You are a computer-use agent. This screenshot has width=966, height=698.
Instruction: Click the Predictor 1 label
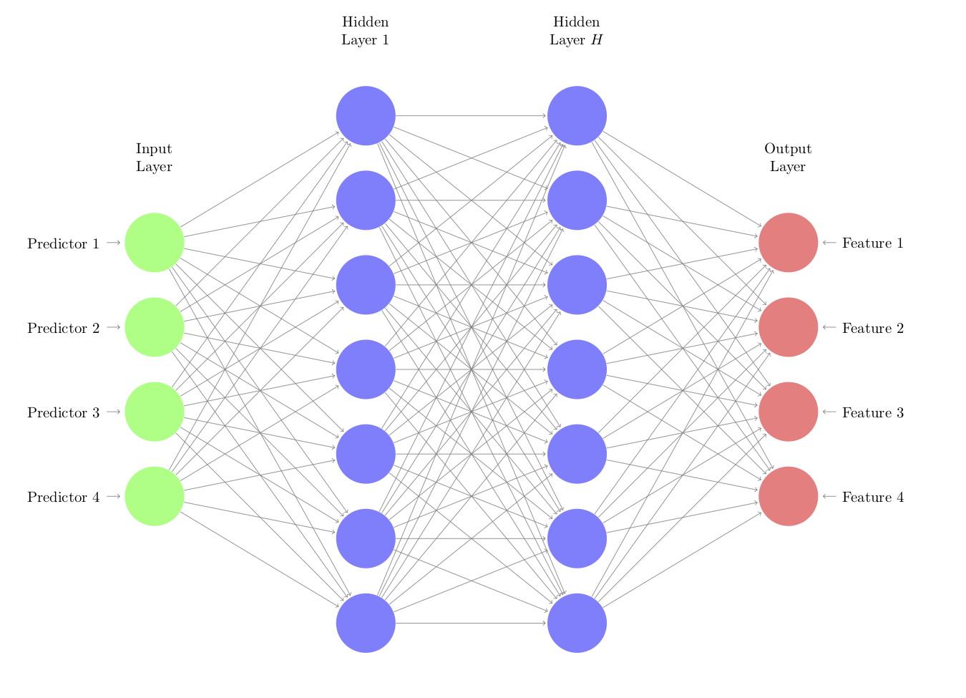[x=63, y=243]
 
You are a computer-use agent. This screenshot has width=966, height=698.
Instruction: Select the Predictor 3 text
[x=63, y=412]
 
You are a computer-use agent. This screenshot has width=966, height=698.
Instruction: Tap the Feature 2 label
[x=873, y=328]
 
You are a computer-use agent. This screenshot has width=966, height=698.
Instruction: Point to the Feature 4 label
[x=873, y=497]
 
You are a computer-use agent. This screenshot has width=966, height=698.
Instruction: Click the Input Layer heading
[x=154, y=157]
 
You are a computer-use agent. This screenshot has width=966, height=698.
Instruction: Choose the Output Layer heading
[x=788, y=157]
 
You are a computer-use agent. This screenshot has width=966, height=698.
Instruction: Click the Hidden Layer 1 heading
[x=365, y=31]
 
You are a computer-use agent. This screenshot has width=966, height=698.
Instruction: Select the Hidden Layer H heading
[x=576, y=31]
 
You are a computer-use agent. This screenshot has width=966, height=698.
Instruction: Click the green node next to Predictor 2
[x=155, y=327]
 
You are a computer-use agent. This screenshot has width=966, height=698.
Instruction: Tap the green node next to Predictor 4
[x=155, y=496]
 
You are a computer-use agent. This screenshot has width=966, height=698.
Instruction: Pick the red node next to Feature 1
[x=788, y=243]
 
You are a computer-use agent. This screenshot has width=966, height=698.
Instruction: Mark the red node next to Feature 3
[x=788, y=412]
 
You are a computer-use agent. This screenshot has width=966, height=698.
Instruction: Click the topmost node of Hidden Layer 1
[x=366, y=115]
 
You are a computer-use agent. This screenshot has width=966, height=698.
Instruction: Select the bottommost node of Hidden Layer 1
[x=366, y=623]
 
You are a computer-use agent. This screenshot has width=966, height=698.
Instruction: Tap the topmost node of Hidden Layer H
[x=577, y=115]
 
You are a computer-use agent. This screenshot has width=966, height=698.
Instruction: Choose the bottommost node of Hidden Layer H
[x=577, y=623]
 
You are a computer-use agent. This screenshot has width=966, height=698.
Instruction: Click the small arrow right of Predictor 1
[x=113, y=243]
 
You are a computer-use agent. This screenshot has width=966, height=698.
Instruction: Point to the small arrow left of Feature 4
[x=829, y=496]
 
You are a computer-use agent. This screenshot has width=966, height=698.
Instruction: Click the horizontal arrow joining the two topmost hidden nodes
[x=471, y=115]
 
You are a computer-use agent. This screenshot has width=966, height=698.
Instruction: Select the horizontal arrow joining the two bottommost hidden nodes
[x=471, y=623]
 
